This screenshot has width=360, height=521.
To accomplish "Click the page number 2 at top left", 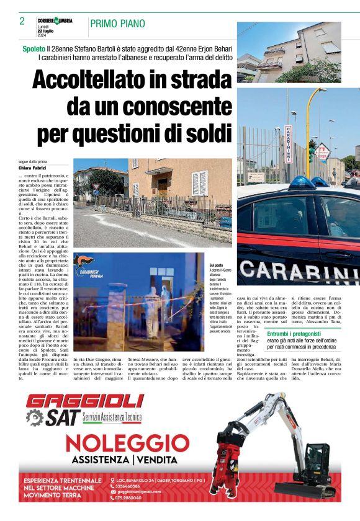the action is [22, 21].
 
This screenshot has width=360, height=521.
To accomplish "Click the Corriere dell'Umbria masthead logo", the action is [55, 20].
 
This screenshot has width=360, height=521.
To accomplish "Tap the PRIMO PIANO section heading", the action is [117, 24].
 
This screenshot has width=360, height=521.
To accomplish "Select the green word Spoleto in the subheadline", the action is [34, 48].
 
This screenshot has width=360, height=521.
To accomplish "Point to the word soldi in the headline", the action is [199, 133].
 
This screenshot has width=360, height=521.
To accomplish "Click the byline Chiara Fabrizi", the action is [33, 168].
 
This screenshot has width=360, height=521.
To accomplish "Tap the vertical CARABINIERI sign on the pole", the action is [287, 145].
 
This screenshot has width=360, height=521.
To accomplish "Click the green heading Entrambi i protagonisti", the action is [293, 334].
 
